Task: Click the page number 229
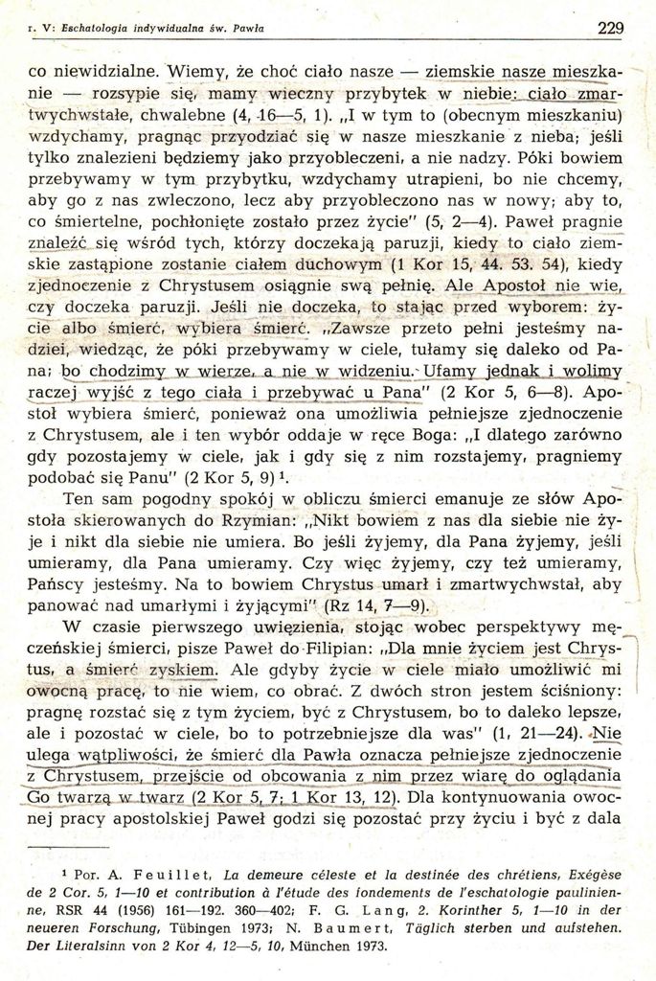(x=610, y=28)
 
